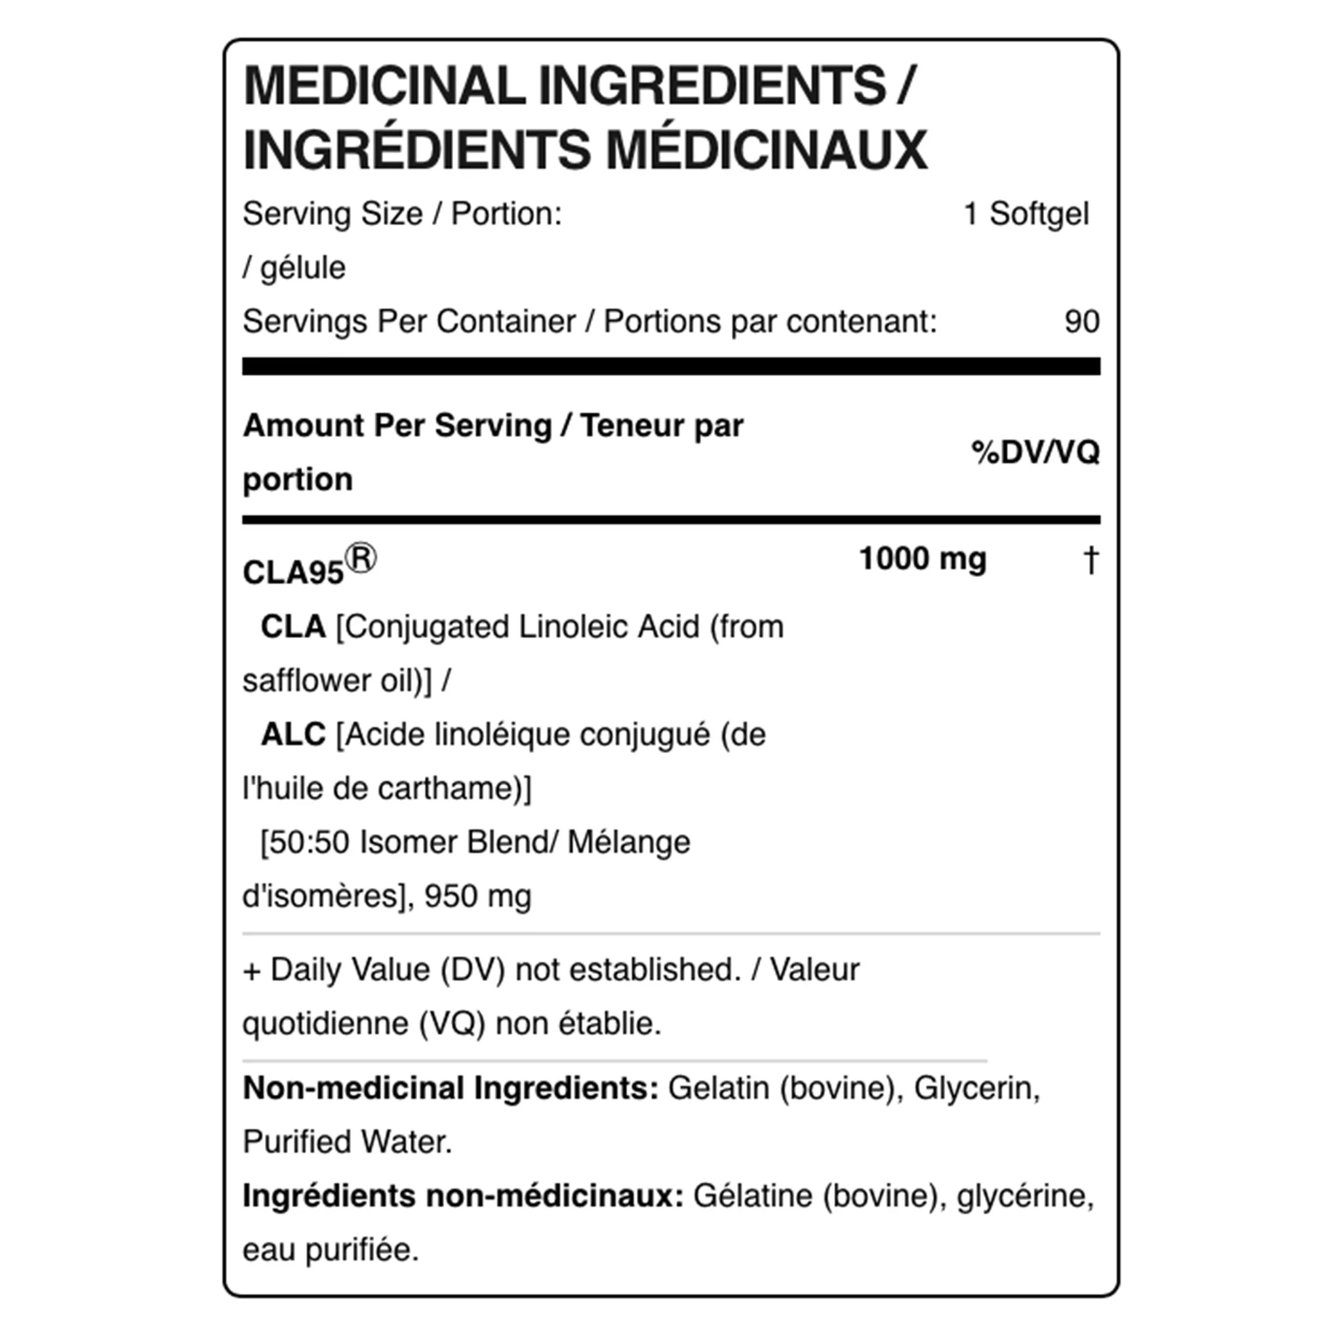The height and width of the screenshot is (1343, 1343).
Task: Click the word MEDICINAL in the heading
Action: click(384, 86)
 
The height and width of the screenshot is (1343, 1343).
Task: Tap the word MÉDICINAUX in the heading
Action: click(767, 150)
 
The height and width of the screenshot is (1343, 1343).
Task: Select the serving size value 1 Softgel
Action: click(1026, 214)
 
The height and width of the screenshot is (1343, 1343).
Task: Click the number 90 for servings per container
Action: click(1081, 322)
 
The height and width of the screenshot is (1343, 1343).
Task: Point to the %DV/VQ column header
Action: click(1035, 452)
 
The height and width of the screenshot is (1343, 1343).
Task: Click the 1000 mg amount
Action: click(923, 559)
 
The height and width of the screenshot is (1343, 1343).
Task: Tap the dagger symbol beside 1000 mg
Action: click(1091, 559)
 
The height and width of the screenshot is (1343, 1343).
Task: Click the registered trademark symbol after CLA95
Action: click(361, 559)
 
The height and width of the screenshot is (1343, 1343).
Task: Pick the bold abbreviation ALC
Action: click(292, 734)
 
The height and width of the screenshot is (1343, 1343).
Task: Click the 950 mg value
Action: click(477, 896)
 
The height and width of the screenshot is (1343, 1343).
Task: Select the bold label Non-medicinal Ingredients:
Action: click(451, 1089)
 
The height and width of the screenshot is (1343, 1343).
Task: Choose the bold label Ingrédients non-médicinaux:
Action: click(463, 1196)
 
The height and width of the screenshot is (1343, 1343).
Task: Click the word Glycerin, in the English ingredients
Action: click(976, 1089)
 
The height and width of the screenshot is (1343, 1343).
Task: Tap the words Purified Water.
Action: click(347, 1142)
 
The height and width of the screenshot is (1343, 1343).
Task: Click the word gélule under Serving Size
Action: click(302, 268)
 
